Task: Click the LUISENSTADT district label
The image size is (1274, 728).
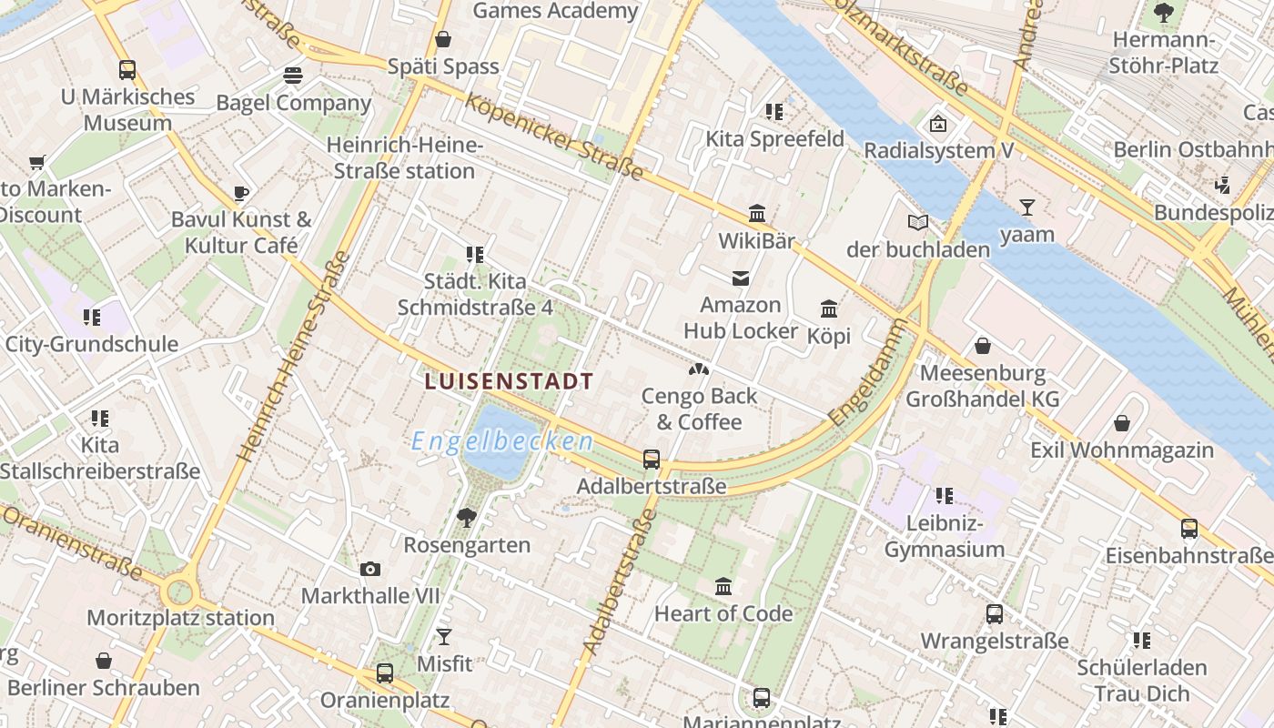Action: [x=509, y=381]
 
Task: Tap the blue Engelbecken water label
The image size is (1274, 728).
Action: [x=502, y=442]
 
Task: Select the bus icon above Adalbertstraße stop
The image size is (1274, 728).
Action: [x=652, y=460]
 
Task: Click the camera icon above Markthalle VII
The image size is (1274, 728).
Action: [x=370, y=569]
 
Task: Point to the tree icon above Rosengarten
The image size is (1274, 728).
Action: [x=467, y=518]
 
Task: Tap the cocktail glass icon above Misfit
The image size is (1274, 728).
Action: [x=444, y=636]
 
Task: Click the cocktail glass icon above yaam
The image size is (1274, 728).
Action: [x=1027, y=207]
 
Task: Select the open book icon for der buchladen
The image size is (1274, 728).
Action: [x=918, y=222]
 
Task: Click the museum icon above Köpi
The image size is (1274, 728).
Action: [x=829, y=308]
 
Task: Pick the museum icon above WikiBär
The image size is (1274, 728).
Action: [x=757, y=214]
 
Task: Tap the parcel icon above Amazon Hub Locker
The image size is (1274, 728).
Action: [x=741, y=278]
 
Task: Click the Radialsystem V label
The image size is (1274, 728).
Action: [x=938, y=150]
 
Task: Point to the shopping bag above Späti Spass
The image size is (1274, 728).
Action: [x=443, y=39]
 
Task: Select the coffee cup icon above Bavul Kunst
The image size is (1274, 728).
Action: [x=241, y=192]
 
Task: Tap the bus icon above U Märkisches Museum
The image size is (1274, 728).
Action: [x=127, y=69]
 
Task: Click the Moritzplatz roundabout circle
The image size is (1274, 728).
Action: [x=179, y=592]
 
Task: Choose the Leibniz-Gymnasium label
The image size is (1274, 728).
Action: [x=945, y=536]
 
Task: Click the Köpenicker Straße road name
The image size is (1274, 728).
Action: [x=554, y=136]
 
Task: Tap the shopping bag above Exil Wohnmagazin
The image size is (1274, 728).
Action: [x=1122, y=423]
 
